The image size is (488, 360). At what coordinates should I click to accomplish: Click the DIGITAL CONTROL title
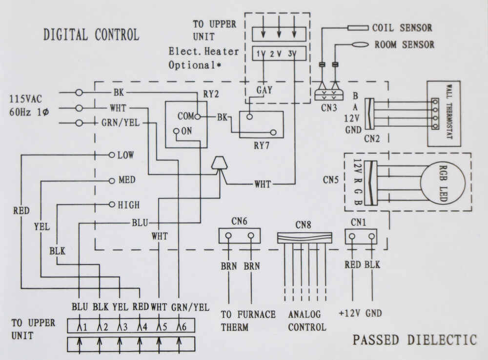91,34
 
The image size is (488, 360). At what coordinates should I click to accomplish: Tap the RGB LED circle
421,182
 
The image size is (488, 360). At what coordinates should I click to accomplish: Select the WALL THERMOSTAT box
444,114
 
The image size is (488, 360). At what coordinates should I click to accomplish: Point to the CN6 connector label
239,221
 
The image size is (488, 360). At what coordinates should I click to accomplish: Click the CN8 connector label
303,225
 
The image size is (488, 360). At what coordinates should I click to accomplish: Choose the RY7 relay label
262,145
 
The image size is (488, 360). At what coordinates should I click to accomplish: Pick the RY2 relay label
211,94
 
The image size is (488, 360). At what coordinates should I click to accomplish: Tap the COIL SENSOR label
402,28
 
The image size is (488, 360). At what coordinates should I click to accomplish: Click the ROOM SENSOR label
404,44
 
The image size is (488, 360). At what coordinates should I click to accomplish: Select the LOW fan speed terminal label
125,155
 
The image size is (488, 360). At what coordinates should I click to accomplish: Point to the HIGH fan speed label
128,205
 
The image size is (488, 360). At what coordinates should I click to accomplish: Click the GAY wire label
264,90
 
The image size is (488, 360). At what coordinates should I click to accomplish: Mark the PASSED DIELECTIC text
414,340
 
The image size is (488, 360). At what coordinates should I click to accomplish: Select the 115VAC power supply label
25,99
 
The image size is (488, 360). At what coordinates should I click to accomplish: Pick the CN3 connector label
329,108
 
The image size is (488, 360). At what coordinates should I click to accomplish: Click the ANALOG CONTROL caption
307,320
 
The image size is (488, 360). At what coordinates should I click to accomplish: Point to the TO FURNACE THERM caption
248,321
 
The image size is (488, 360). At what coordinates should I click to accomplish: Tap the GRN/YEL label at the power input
121,122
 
